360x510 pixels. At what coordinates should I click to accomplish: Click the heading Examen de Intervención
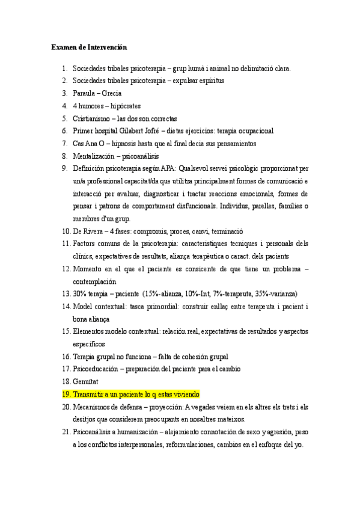[89, 46]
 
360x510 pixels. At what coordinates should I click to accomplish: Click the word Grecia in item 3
[111, 93]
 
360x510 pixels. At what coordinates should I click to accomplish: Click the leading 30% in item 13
[81, 293]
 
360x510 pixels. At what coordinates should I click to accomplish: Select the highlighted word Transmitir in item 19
[89, 394]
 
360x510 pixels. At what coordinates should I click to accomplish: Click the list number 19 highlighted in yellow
[66, 394]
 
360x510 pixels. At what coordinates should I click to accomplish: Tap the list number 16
[66, 356]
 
